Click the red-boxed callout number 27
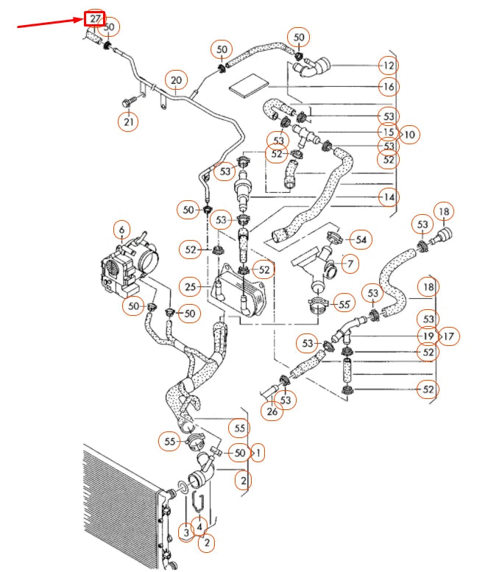tap(94, 18)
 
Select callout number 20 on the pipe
tap(175, 80)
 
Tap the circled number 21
tap(129, 122)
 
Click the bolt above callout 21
tap(130, 97)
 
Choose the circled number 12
tap(389, 66)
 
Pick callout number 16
tap(389, 87)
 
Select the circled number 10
tap(409, 134)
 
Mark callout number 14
tap(389, 197)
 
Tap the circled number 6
tap(121, 229)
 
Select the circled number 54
tap(361, 239)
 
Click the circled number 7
tap(350, 263)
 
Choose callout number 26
tap(272, 412)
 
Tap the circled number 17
tap(449, 336)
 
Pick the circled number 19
tap(428, 336)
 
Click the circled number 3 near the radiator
tap(186, 532)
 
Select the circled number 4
tap(199, 526)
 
